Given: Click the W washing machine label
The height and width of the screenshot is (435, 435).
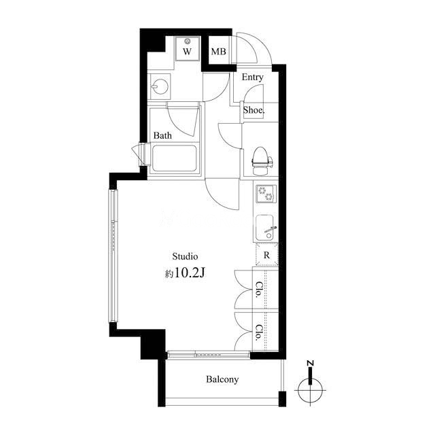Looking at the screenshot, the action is [188, 52].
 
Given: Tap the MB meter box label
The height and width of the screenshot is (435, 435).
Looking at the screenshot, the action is [219, 52].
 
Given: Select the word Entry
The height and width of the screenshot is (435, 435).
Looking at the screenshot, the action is [252, 77].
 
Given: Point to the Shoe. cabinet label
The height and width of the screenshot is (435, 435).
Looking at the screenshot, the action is [254, 110].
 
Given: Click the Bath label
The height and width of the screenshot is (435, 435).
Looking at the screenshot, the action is [162, 135].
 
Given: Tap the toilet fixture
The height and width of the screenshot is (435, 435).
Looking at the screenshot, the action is [262, 161].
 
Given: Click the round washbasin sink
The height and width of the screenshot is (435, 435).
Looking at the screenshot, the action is [160, 86].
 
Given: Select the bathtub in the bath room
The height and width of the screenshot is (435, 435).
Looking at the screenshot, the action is [175, 158].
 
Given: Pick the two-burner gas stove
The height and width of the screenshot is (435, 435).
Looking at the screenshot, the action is [266, 193].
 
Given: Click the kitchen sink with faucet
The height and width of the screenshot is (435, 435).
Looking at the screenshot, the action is [266, 228].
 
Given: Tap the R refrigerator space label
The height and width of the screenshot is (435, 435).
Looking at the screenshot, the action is [266, 255].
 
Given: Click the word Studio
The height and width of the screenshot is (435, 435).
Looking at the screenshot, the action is [185, 256].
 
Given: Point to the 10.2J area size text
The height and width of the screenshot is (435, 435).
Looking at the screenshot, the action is [190, 273].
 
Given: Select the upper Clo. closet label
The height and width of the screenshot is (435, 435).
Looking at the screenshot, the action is [259, 290].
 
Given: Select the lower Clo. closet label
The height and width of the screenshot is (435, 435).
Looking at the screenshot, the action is [259, 332].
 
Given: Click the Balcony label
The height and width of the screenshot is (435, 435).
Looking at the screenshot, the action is [222, 379].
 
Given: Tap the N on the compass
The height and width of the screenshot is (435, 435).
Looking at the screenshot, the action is [311, 363].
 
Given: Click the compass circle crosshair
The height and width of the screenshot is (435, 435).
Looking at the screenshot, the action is [310, 390].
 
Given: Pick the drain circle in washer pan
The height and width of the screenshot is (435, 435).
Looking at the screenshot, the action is [188, 41].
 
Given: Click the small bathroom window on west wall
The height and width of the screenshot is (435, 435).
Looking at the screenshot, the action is [141, 154].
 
